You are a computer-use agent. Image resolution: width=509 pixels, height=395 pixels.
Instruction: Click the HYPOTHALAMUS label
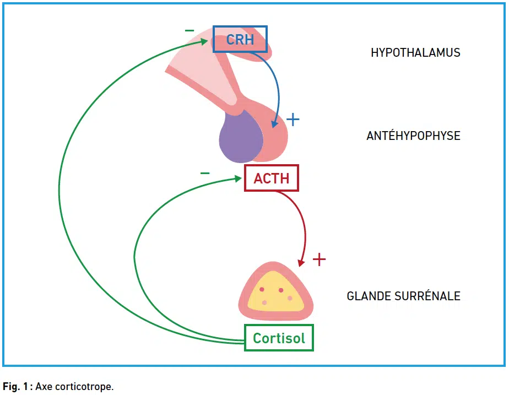point(415,52)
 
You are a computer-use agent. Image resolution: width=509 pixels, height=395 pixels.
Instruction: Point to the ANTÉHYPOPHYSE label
point(413,136)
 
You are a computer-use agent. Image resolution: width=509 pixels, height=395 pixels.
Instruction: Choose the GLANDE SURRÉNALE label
point(403,296)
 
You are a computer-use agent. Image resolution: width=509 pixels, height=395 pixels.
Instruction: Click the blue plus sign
point(293,120)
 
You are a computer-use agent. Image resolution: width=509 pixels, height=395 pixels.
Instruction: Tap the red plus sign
point(319,259)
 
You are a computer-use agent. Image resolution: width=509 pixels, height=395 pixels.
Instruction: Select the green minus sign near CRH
point(189,31)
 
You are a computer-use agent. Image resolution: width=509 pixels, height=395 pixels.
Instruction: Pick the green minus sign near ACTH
point(205,173)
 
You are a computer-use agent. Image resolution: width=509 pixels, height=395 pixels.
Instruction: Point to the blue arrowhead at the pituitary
point(275,123)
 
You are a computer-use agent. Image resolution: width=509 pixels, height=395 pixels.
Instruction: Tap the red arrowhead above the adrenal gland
point(301,262)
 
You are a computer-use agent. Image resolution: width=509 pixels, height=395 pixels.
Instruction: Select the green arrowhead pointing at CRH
point(204,41)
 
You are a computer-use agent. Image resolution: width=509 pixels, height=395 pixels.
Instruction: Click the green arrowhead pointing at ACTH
point(238,178)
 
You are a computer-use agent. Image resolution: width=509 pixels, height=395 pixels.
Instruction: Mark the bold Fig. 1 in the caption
point(15,387)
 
